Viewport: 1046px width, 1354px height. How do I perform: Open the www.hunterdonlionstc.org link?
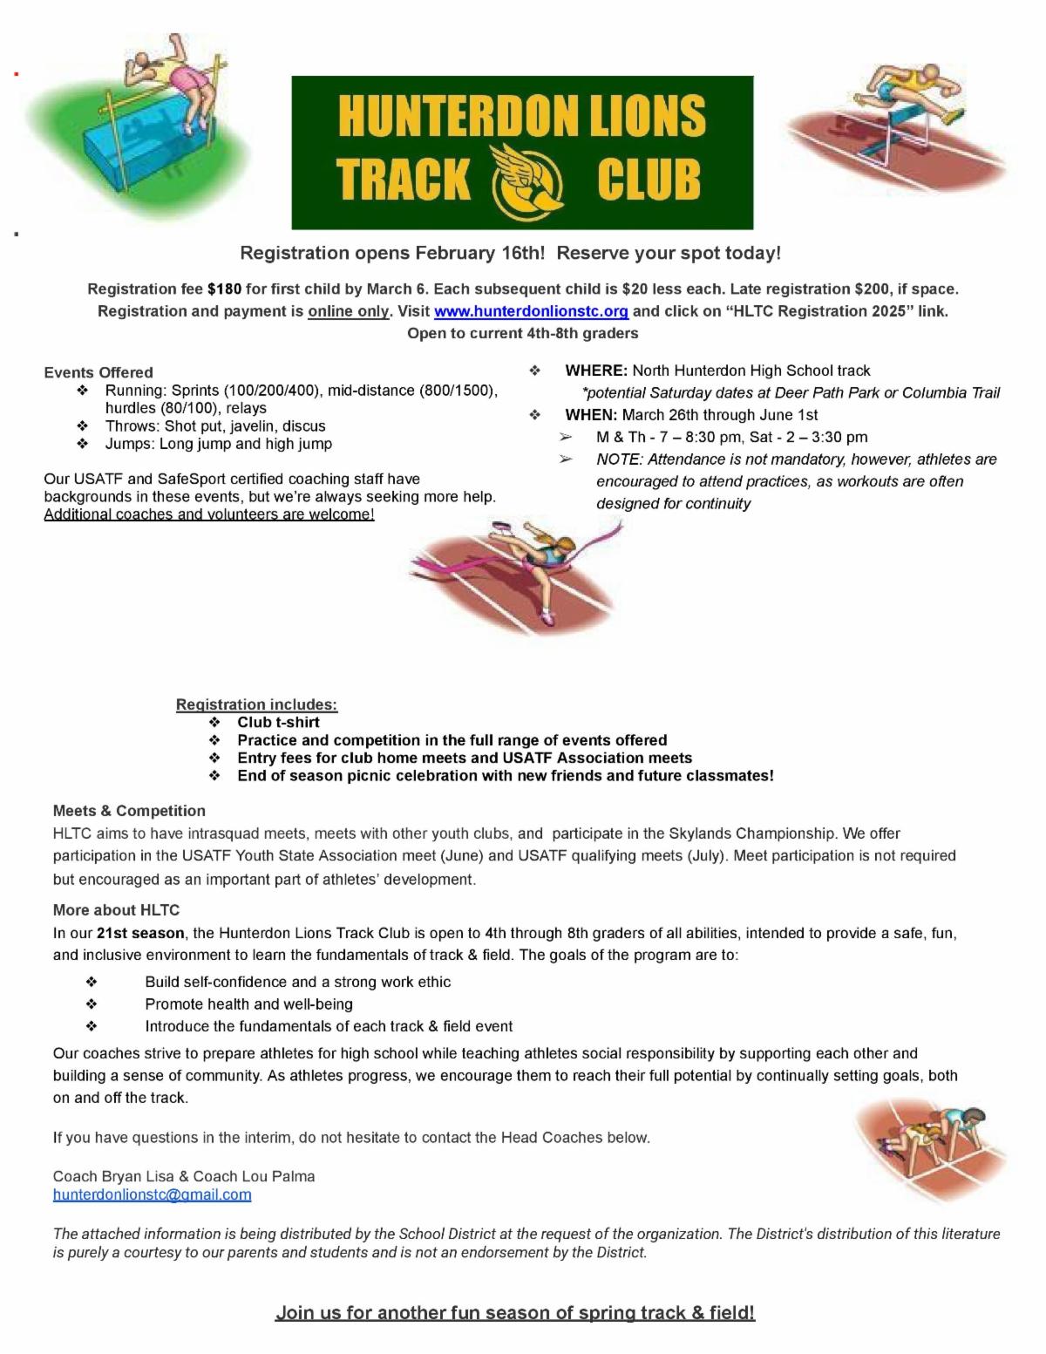tap(531, 311)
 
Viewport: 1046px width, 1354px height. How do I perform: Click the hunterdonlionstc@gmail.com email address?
tap(153, 1194)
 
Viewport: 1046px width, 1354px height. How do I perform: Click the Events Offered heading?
tap(98, 372)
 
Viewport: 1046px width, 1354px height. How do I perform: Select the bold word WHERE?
tap(596, 371)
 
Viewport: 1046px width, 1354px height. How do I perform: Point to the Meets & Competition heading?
tap(129, 811)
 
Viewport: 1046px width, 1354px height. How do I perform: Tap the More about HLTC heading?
tap(116, 910)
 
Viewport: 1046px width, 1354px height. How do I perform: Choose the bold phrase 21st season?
tap(140, 933)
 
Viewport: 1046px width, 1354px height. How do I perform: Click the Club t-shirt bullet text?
tap(278, 722)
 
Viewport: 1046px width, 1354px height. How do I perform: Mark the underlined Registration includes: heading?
tap(256, 704)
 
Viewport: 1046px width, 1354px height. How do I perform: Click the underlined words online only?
tap(348, 311)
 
